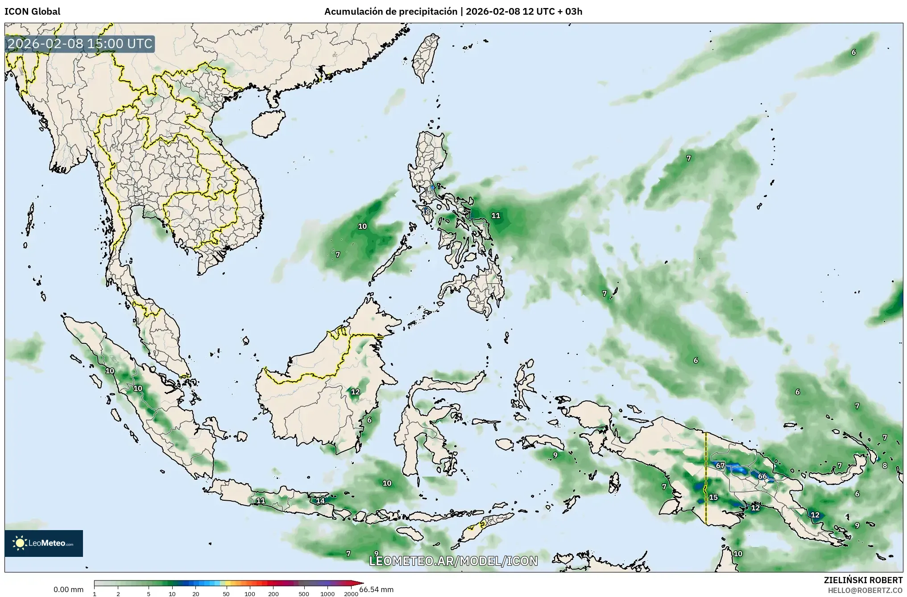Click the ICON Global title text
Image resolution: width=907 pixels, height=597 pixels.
pyautogui.click(x=32, y=12)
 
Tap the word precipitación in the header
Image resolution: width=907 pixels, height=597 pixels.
pyautogui.click(x=432, y=12)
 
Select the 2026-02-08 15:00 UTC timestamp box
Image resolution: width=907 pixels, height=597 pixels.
pyautogui.click(x=80, y=44)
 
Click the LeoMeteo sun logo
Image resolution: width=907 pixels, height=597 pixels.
pyautogui.click(x=20, y=543)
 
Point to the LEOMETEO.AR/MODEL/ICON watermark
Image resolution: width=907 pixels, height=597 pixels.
pyautogui.click(x=453, y=561)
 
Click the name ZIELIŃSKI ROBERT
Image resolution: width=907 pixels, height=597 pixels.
pyautogui.click(x=863, y=580)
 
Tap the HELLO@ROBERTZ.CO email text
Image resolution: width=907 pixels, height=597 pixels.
pyautogui.click(x=865, y=590)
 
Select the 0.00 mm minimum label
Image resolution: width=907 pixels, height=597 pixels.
pyautogui.click(x=68, y=589)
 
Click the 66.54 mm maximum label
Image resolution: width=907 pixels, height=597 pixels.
pyautogui.click(x=377, y=589)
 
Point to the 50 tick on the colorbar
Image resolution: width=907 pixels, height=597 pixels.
pyautogui.click(x=226, y=593)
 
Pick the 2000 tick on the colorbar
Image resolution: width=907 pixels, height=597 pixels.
pyautogui.click(x=351, y=593)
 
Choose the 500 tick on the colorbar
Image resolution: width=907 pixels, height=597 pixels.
pyautogui.click(x=304, y=593)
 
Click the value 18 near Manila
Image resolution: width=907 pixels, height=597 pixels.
pyautogui.click(x=426, y=212)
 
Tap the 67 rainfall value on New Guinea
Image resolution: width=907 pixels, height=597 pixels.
pyautogui.click(x=720, y=465)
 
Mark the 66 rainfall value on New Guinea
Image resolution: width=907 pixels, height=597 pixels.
pyautogui.click(x=762, y=476)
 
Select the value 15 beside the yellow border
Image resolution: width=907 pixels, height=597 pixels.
pyautogui.click(x=713, y=497)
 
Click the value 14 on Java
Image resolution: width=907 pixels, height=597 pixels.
pyautogui.click(x=320, y=501)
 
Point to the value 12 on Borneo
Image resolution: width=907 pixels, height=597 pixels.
pyautogui.click(x=355, y=392)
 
